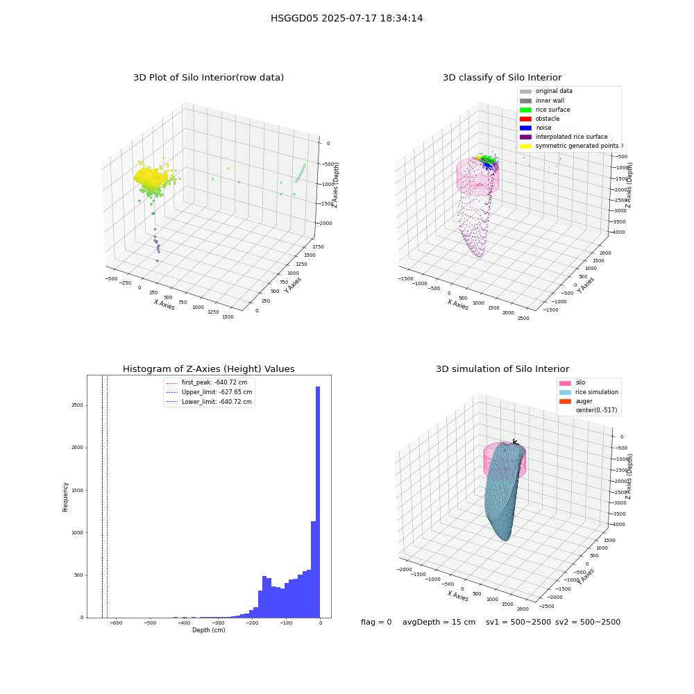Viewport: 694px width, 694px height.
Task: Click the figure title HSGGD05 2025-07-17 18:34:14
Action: click(x=346, y=18)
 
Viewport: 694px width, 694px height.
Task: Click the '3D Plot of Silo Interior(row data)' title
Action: click(x=208, y=78)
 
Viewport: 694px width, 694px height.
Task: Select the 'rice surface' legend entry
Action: click(x=545, y=110)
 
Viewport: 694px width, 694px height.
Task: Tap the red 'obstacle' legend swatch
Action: click(x=525, y=119)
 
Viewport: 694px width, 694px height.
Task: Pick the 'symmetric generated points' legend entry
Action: click(x=569, y=146)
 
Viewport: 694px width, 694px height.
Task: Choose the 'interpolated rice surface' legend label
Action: click(x=571, y=137)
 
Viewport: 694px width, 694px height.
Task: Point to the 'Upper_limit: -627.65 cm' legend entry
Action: click(x=208, y=392)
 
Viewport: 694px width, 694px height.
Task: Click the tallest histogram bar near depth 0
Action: click(x=318, y=502)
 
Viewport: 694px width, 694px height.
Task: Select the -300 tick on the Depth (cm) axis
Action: click(x=218, y=623)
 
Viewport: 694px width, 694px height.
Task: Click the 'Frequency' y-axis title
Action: click(x=65, y=497)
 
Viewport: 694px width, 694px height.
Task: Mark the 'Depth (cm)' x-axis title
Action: click(x=209, y=630)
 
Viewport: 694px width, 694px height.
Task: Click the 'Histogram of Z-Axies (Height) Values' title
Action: click(x=208, y=369)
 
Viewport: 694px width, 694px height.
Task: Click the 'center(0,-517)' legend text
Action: click(x=596, y=410)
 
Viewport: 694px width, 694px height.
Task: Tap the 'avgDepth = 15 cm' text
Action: click(x=439, y=622)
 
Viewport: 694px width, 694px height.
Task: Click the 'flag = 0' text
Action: click(x=376, y=622)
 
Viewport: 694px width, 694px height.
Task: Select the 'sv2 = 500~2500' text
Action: click(x=588, y=622)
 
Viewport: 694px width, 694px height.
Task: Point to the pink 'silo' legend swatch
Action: click(x=565, y=383)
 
